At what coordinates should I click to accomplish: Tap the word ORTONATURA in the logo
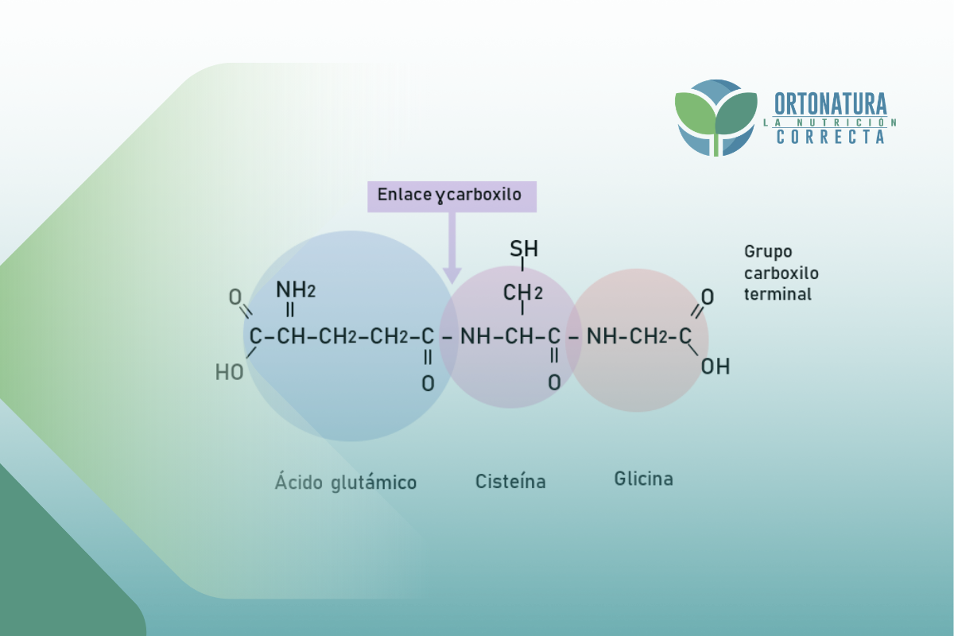[x=830, y=104]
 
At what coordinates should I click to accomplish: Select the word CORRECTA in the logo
[x=830, y=137]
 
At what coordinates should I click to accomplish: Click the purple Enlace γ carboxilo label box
[x=452, y=196]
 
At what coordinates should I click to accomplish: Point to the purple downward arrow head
[x=452, y=273]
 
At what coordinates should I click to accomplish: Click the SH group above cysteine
[x=524, y=250]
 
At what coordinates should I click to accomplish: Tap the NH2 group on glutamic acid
[x=295, y=290]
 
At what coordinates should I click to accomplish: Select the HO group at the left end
[x=230, y=371]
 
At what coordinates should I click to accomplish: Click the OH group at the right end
[x=715, y=367]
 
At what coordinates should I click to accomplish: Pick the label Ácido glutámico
[x=346, y=482]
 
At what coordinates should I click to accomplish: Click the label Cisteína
[x=510, y=481]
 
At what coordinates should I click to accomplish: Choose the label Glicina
[x=643, y=479]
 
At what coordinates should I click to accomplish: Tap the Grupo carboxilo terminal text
[x=781, y=273]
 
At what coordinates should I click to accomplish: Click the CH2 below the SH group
[x=522, y=293]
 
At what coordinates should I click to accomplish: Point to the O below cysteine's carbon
[x=554, y=383]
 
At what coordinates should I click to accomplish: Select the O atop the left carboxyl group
[x=235, y=298]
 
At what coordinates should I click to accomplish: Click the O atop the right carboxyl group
[x=707, y=297]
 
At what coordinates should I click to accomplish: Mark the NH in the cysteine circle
[x=475, y=337]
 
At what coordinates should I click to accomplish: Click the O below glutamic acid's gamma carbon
[x=428, y=384]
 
